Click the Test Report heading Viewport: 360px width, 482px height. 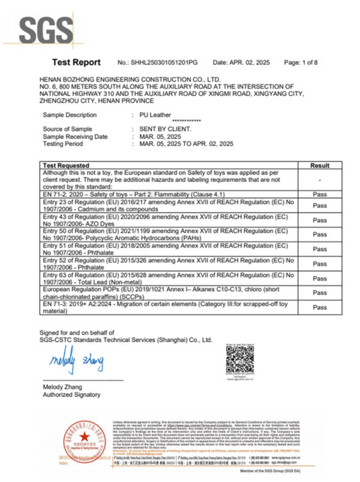coord(76,62)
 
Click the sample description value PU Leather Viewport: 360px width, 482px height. coord(155,114)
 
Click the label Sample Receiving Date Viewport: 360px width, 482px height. coord(75,136)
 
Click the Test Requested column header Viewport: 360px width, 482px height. coord(67,165)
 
